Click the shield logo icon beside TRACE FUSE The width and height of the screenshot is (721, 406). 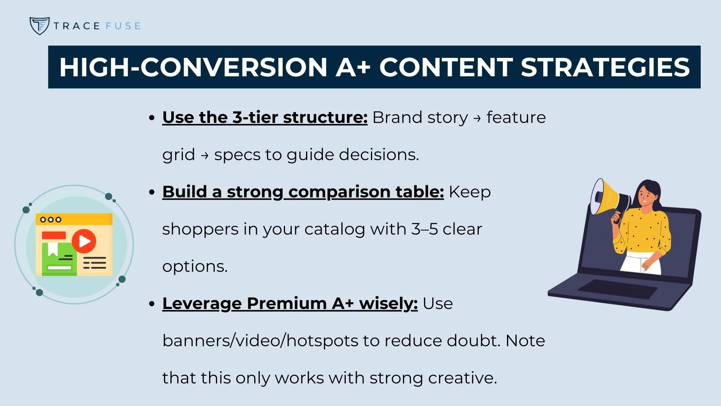click(x=39, y=26)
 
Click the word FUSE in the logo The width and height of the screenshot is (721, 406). click(x=123, y=26)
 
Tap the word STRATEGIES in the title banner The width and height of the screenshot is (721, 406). click(x=605, y=67)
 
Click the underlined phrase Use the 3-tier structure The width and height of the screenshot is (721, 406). click(x=264, y=117)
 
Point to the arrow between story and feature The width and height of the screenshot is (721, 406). click(x=477, y=118)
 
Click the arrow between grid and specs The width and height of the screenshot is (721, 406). click(x=205, y=155)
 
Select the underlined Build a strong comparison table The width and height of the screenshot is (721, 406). click(x=303, y=192)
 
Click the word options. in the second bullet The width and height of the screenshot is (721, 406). click(x=195, y=266)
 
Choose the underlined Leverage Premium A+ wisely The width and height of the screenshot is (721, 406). click(x=290, y=303)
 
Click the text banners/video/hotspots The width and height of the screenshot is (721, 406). click(x=260, y=341)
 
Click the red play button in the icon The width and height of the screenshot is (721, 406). click(x=84, y=241)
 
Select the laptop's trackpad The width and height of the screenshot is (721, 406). click(x=617, y=289)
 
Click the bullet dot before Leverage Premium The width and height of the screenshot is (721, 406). click(x=152, y=304)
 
